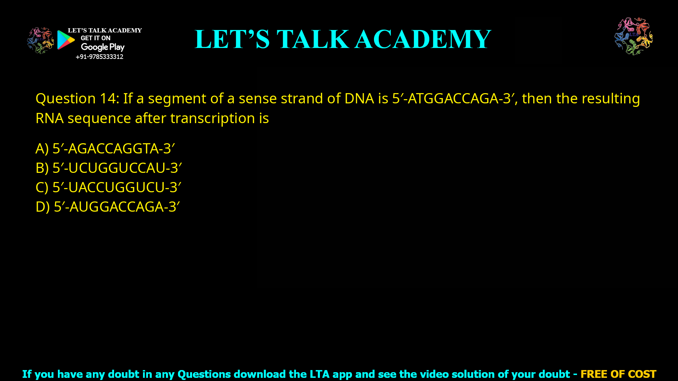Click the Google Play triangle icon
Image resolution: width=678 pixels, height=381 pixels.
pyautogui.click(x=66, y=40)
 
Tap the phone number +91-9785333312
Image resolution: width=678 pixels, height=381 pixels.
pyautogui.click(x=99, y=57)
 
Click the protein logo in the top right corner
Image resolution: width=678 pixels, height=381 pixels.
pyautogui.click(x=634, y=36)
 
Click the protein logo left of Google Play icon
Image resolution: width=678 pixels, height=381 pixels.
pyautogui.click(x=40, y=41)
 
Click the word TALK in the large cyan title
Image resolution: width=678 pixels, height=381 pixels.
pyautogui.click(x=313, y=39)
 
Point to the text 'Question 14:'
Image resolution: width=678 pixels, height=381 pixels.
pyautogui.click(x=77, y=98)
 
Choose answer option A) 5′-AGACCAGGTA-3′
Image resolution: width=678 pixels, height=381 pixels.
pyautogui.click(x=105, y=149)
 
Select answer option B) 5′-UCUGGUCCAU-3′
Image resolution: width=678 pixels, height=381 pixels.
pyautogui.click(x=109, y=168)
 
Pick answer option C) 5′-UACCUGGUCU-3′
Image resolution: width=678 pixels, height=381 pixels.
pyautogui.click(x=108, y=187)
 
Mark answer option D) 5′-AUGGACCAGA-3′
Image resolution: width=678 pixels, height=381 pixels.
pyautogui.click(x=108, y=207)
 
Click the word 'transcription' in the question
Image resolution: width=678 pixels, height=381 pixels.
pyautogui.click(x=213, y=118)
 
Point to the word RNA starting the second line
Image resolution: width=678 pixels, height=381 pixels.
pyautogui.click(x=49, y=118)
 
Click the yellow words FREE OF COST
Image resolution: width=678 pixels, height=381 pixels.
pyautogui.click(x=618, y=374)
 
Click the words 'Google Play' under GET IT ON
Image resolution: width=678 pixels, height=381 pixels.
pyautogui.click(x=102, y=47)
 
